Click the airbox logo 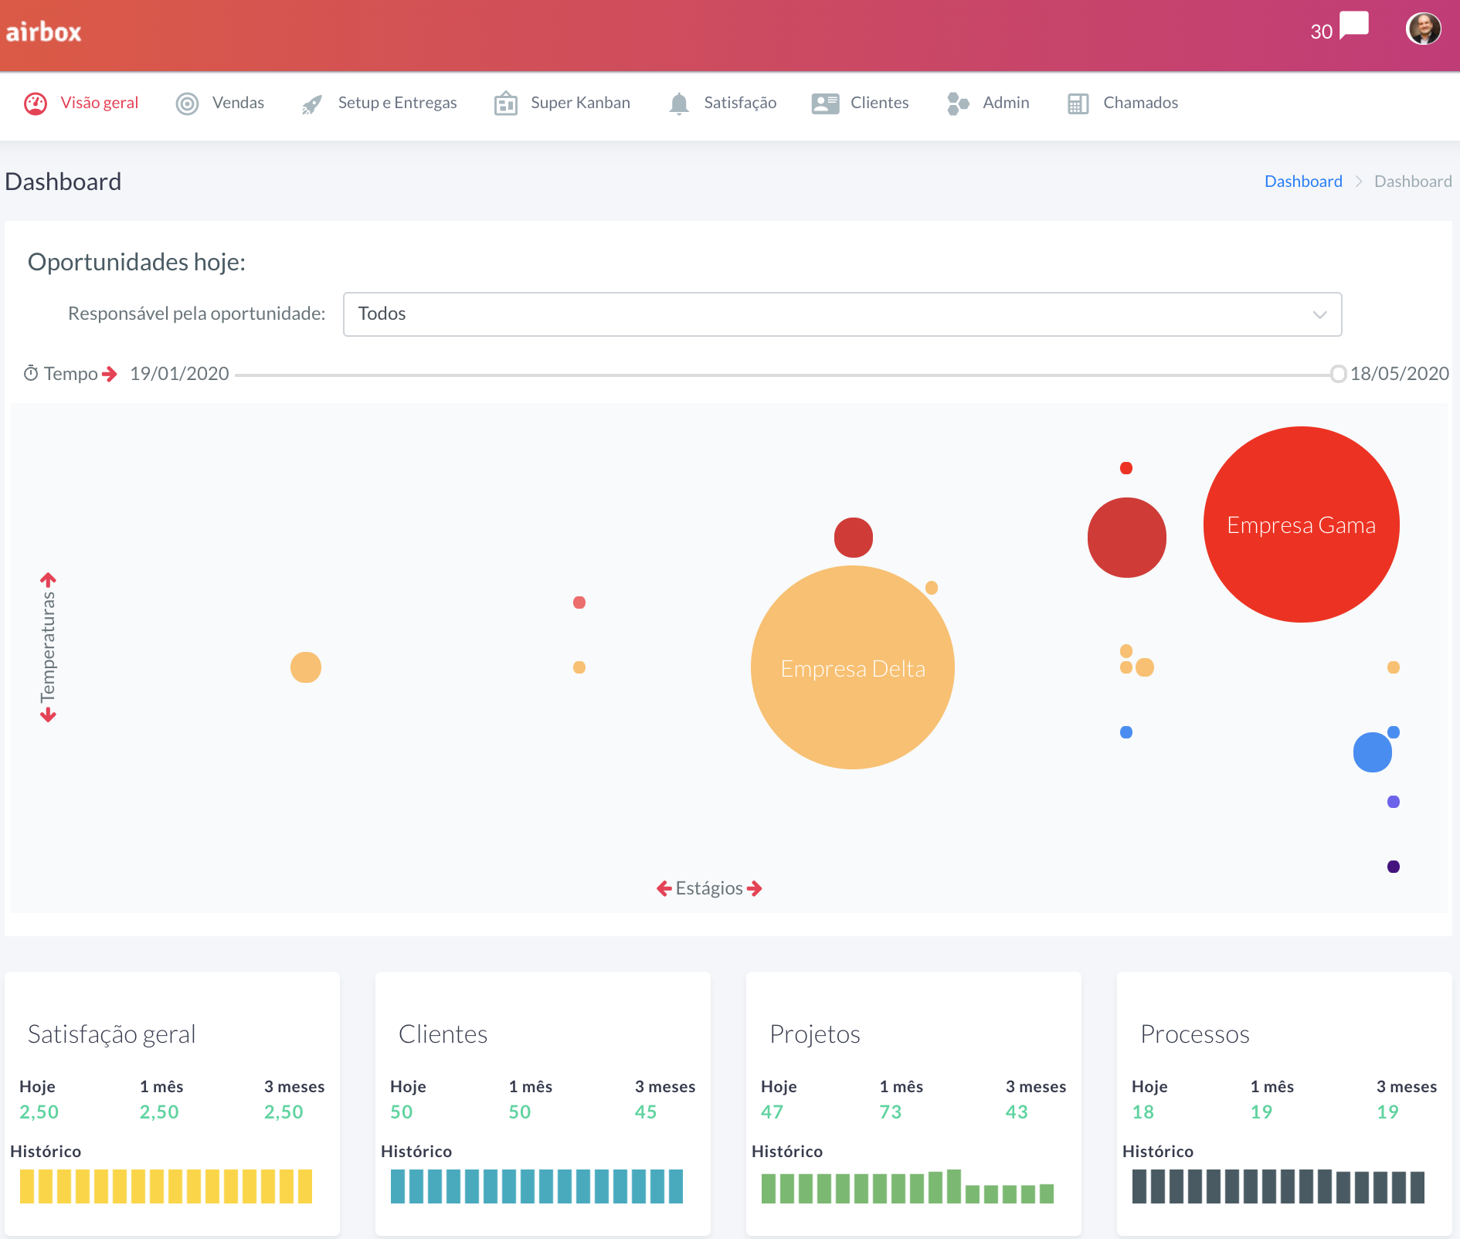(44, 32)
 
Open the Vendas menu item (237, 103)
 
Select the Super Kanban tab (579, 103)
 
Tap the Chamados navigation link (1139, 103)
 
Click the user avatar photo (1423, 29)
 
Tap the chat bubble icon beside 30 (1353, 25)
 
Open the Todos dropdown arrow (1319, 314)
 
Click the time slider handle (1338, 375)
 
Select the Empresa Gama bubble (1301, 524)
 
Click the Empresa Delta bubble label (852, 668)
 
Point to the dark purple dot (1393, 867)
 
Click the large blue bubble (1372, 752)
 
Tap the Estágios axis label (708, 888)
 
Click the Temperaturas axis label (48, 647)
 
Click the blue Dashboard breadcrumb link (1302, 182)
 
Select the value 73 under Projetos (890, 1112)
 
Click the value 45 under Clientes (645, 1112)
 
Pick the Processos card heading (1194, 1034)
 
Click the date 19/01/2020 (179, 374)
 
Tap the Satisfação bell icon (678, 104)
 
